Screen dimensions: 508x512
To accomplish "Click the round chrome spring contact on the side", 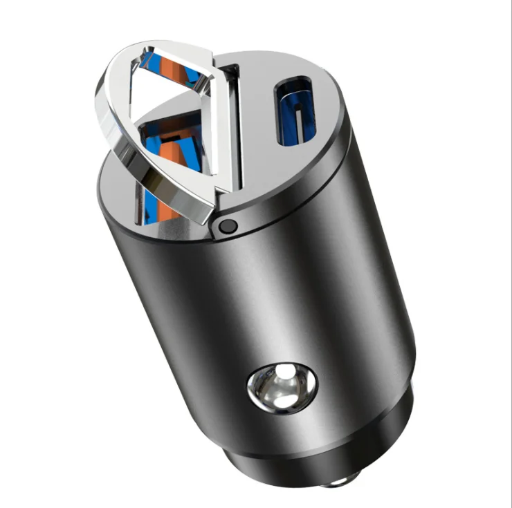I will pyautogui.click(x=282, y=385).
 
